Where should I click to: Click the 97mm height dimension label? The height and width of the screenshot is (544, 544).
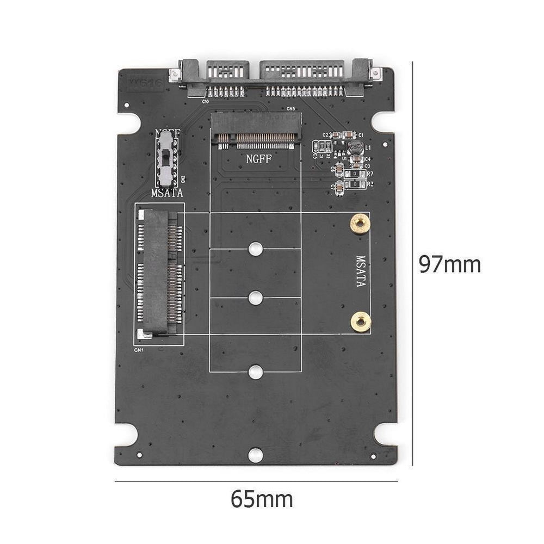(x=450, y=264)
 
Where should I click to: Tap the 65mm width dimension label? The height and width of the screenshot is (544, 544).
(x=262, y=499)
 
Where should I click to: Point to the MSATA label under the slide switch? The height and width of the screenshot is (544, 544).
(x=166, y=193)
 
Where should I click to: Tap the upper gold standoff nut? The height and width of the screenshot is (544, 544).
(x=360, y=224)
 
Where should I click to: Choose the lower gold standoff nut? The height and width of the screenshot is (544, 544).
(x=360, y=322)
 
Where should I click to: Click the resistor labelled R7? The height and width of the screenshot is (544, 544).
(x=355, y=174)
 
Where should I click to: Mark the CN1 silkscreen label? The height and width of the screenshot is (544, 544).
(x=139, y=350)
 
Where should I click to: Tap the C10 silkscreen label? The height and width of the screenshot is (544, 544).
(x=206, y=101)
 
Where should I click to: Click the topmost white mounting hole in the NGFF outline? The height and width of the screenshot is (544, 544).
(x=255, y=249)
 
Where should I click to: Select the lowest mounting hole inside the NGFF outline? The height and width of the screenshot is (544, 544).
(x=255, y=372)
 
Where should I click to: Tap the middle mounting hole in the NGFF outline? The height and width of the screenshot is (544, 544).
(x=255, y=298)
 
